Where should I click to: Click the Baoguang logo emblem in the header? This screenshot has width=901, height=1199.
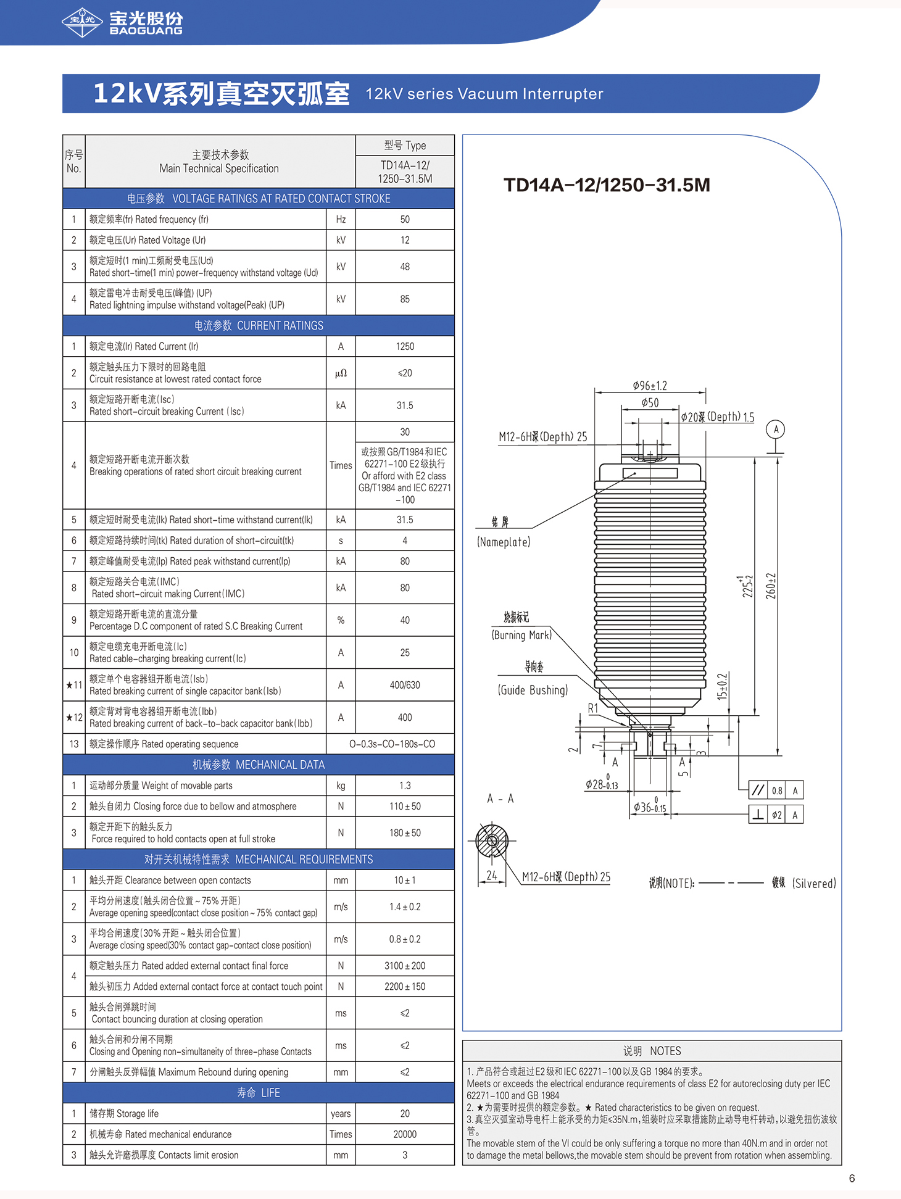click(82, 22)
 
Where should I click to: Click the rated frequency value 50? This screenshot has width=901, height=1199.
click(405, 219)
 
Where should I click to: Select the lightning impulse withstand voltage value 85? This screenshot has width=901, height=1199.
click(405, 299)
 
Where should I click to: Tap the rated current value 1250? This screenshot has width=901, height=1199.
click(405, 346)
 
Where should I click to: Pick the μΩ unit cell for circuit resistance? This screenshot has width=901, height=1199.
click(341, 373)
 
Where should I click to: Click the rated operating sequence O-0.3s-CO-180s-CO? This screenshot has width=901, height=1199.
click(392, 744)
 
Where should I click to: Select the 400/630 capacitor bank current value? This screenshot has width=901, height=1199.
click(405, 685)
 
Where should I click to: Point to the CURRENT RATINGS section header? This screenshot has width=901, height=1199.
click(259, 325)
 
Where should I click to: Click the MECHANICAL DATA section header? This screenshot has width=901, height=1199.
click(259, 765)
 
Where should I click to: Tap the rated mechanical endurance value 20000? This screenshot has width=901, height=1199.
click(405, 1134)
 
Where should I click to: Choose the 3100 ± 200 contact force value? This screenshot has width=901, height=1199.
click(405, 966)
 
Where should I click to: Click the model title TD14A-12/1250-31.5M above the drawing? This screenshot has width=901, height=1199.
click(607, 185)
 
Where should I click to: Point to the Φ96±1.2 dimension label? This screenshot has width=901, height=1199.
click(650, 386)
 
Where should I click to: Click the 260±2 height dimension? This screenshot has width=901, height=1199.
click(771, 586)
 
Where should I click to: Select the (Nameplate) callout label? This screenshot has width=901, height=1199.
click(504, 542)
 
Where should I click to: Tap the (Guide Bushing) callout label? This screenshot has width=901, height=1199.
click(533, 690)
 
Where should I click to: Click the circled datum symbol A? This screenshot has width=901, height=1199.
click(776, 429)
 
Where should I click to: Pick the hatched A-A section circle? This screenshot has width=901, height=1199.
click(492, 840)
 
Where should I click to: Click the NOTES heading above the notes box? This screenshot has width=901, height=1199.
click(652, 1051)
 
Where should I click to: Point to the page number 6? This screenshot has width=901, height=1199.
click(852, 1179)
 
